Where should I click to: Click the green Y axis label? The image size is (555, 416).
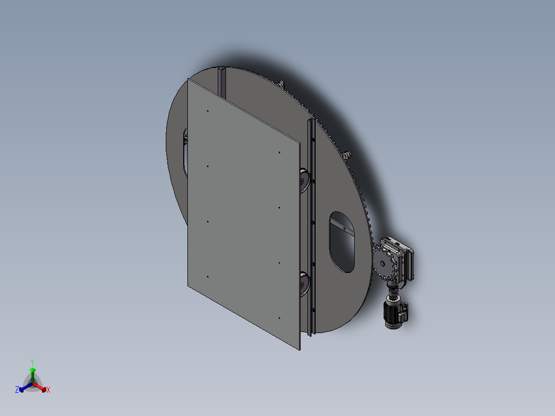coord(32,362)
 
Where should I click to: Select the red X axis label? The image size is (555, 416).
coord(48,390)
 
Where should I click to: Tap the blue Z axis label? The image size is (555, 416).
coord(17,389)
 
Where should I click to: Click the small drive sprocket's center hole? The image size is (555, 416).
coord(382,264)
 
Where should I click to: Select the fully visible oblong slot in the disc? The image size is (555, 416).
coord(342,242)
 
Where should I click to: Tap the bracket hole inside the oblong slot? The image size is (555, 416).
coord(345,229)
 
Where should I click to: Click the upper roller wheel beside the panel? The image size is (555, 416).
coord(304,181)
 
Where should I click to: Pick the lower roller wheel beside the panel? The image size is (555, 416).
coord(304,284)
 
